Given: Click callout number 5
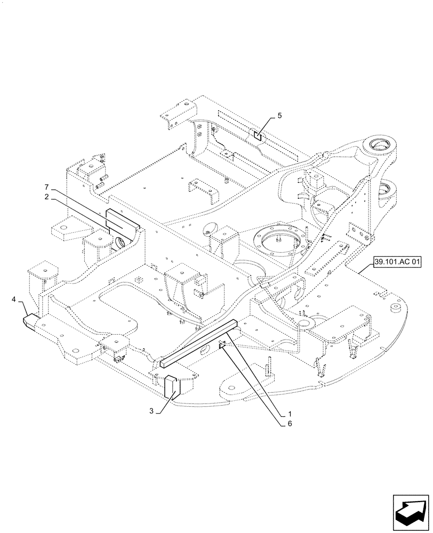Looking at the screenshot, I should pos(279,115).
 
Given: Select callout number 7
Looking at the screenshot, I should pos(46,187).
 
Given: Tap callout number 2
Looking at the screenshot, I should pos(46,196).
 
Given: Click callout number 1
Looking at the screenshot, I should pos(289,414).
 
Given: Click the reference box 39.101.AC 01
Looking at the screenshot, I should pos(397,262).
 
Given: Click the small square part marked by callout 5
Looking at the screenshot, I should pos(257,135).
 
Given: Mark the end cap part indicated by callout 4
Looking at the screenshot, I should pos(30,320).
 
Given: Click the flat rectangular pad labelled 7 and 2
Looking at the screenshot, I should pos(122,219).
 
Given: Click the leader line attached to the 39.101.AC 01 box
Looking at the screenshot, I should pos(365,268).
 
